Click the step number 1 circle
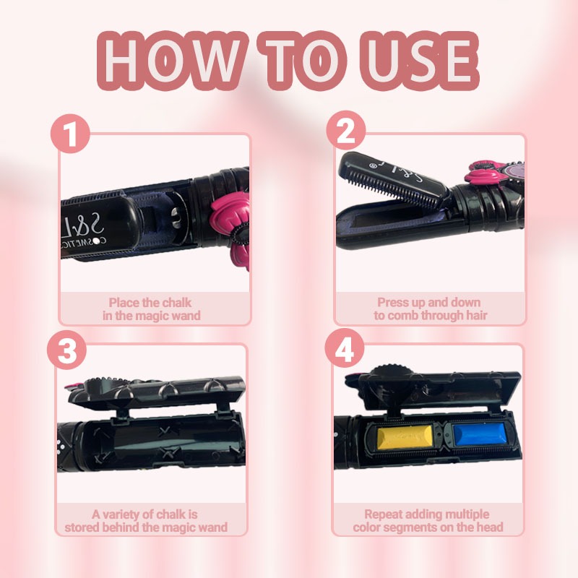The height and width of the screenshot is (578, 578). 70,134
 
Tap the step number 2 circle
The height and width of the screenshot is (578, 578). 346,130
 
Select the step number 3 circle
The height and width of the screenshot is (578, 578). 66,349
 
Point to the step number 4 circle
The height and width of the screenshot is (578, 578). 345,348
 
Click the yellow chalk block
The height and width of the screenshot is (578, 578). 405,436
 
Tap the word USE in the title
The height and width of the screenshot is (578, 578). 420,60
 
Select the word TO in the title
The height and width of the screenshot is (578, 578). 302,60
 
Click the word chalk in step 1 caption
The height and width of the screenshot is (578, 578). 177,303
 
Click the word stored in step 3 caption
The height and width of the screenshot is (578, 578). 82,527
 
